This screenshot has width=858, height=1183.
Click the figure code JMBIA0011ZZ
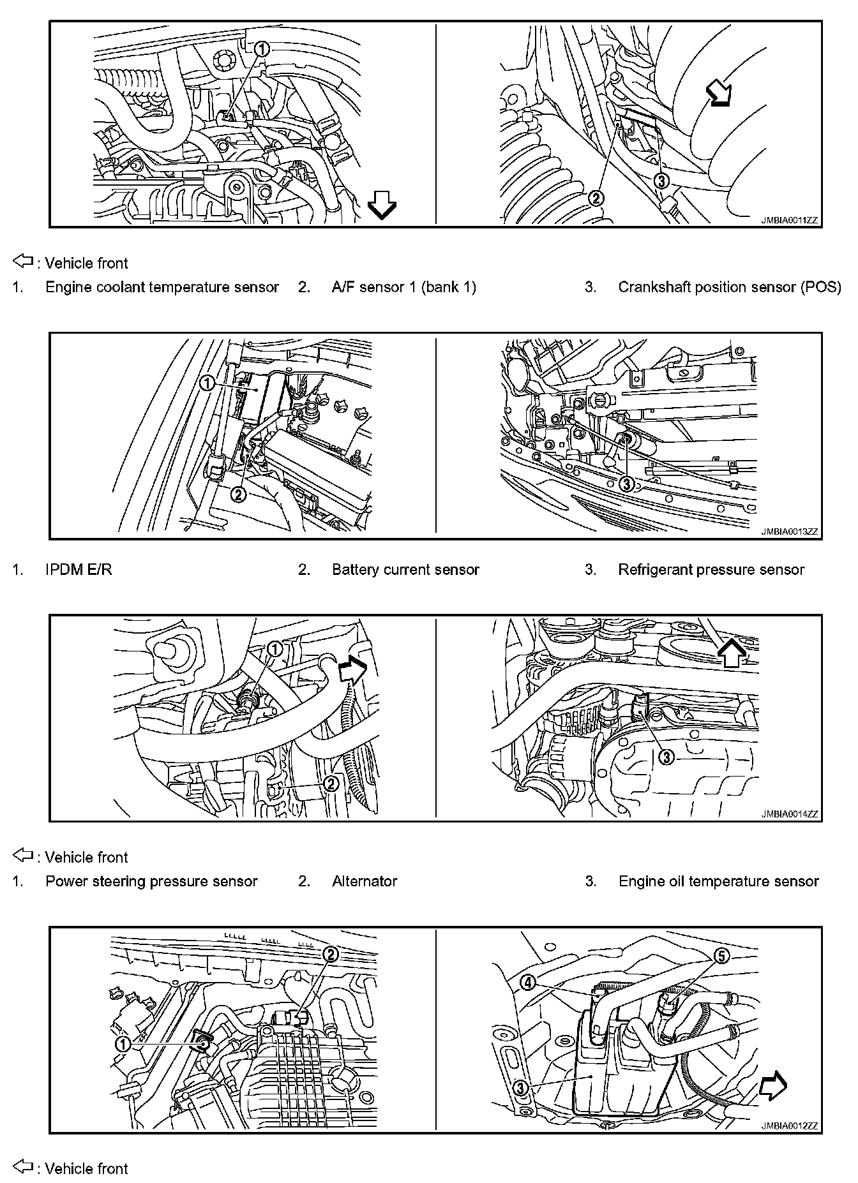click(788, 221)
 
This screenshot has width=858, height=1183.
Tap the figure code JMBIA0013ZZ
click(788, 531)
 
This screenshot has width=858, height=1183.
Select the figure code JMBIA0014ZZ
click(788, 814)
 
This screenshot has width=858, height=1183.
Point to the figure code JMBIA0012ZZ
click(788, 1126)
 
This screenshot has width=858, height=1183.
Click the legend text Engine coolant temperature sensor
click(162, 287)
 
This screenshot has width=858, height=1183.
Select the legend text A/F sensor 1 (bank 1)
click(404, 287)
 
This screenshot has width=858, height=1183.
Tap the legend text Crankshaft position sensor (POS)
click(730, 287)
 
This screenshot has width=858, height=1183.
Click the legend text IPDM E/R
click(79, 570)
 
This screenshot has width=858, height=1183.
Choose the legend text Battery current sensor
click(405, 570)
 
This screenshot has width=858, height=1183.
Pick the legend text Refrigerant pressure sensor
click(711, 570)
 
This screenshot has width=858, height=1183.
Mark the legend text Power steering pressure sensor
click(151, 882)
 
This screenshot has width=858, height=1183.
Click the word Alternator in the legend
click(365, 882)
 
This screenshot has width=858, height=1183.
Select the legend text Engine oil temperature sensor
click(718, 882)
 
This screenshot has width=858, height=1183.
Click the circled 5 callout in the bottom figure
click(720, 956)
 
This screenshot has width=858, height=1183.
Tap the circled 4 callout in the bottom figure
click(529, 983)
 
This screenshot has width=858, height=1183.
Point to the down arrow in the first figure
click(382, 207)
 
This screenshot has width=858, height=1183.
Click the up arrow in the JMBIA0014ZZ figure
click(731, 652)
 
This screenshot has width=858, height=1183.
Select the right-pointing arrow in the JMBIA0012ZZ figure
click(773, 1087)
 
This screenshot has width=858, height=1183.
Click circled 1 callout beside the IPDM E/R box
click(207, 383)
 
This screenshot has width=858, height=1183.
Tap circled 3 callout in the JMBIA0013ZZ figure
click(626, 484)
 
